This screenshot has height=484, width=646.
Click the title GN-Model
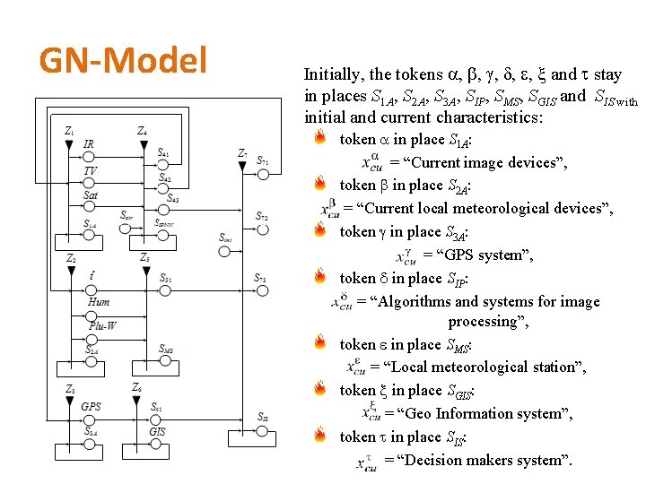click(x=123, y=61)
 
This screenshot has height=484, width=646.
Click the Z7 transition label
click(x=242, y=153)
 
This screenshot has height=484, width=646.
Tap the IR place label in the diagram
click(x=89, y=144)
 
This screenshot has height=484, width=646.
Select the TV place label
click(x=90, y=170)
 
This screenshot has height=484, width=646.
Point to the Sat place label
click(x=91, y=195)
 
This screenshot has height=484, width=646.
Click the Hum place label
click(x=99, y=302)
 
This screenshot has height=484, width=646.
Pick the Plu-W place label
click(x=102, y=325)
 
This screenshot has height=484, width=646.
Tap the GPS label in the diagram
click(x=91, y=406)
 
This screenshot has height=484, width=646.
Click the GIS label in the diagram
click(x=157, y=431)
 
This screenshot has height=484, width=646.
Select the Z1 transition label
click(x=70, y=131)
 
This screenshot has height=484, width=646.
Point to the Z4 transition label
click(x=142, y=131)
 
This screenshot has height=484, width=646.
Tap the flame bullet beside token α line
click(x=320, y=139)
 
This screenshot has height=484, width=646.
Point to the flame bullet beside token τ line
click(x=320, y=436)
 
